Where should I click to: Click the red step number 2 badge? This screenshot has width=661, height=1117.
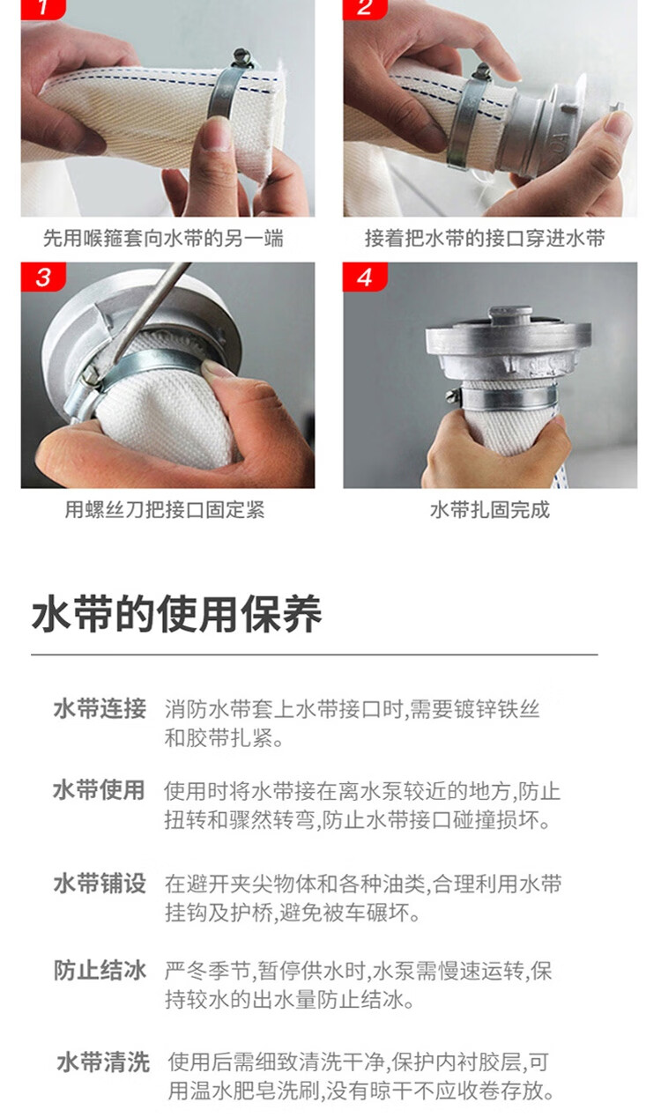point(365,9)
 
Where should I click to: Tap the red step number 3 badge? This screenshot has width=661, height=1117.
point(43,277)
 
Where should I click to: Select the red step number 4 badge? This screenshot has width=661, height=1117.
point(365,277)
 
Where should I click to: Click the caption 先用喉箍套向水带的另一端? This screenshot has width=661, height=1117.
point(163,239)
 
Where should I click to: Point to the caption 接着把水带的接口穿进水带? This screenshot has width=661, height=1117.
point(485,239)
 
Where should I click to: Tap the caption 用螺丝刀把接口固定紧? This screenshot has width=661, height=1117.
point(165,510)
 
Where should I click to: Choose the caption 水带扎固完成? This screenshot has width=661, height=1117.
point(490,510)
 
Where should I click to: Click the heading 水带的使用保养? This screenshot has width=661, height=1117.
point(176,614)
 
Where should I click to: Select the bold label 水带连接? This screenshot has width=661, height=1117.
point(100,708)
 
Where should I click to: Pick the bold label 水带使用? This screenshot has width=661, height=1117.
point(99,790)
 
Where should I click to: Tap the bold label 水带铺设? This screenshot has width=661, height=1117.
point(100,884)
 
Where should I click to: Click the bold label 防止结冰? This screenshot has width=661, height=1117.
point(100,971)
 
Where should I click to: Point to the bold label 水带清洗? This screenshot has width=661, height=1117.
point(103,1062)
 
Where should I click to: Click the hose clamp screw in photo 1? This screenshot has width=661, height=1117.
point(242,58)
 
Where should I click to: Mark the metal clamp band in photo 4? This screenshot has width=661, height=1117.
point(509,397)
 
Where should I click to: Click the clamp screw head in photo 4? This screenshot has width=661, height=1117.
point(452,396)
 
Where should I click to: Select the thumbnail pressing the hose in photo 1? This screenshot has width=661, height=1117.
point(217,134)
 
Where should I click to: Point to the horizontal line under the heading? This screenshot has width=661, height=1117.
point(315,655)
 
